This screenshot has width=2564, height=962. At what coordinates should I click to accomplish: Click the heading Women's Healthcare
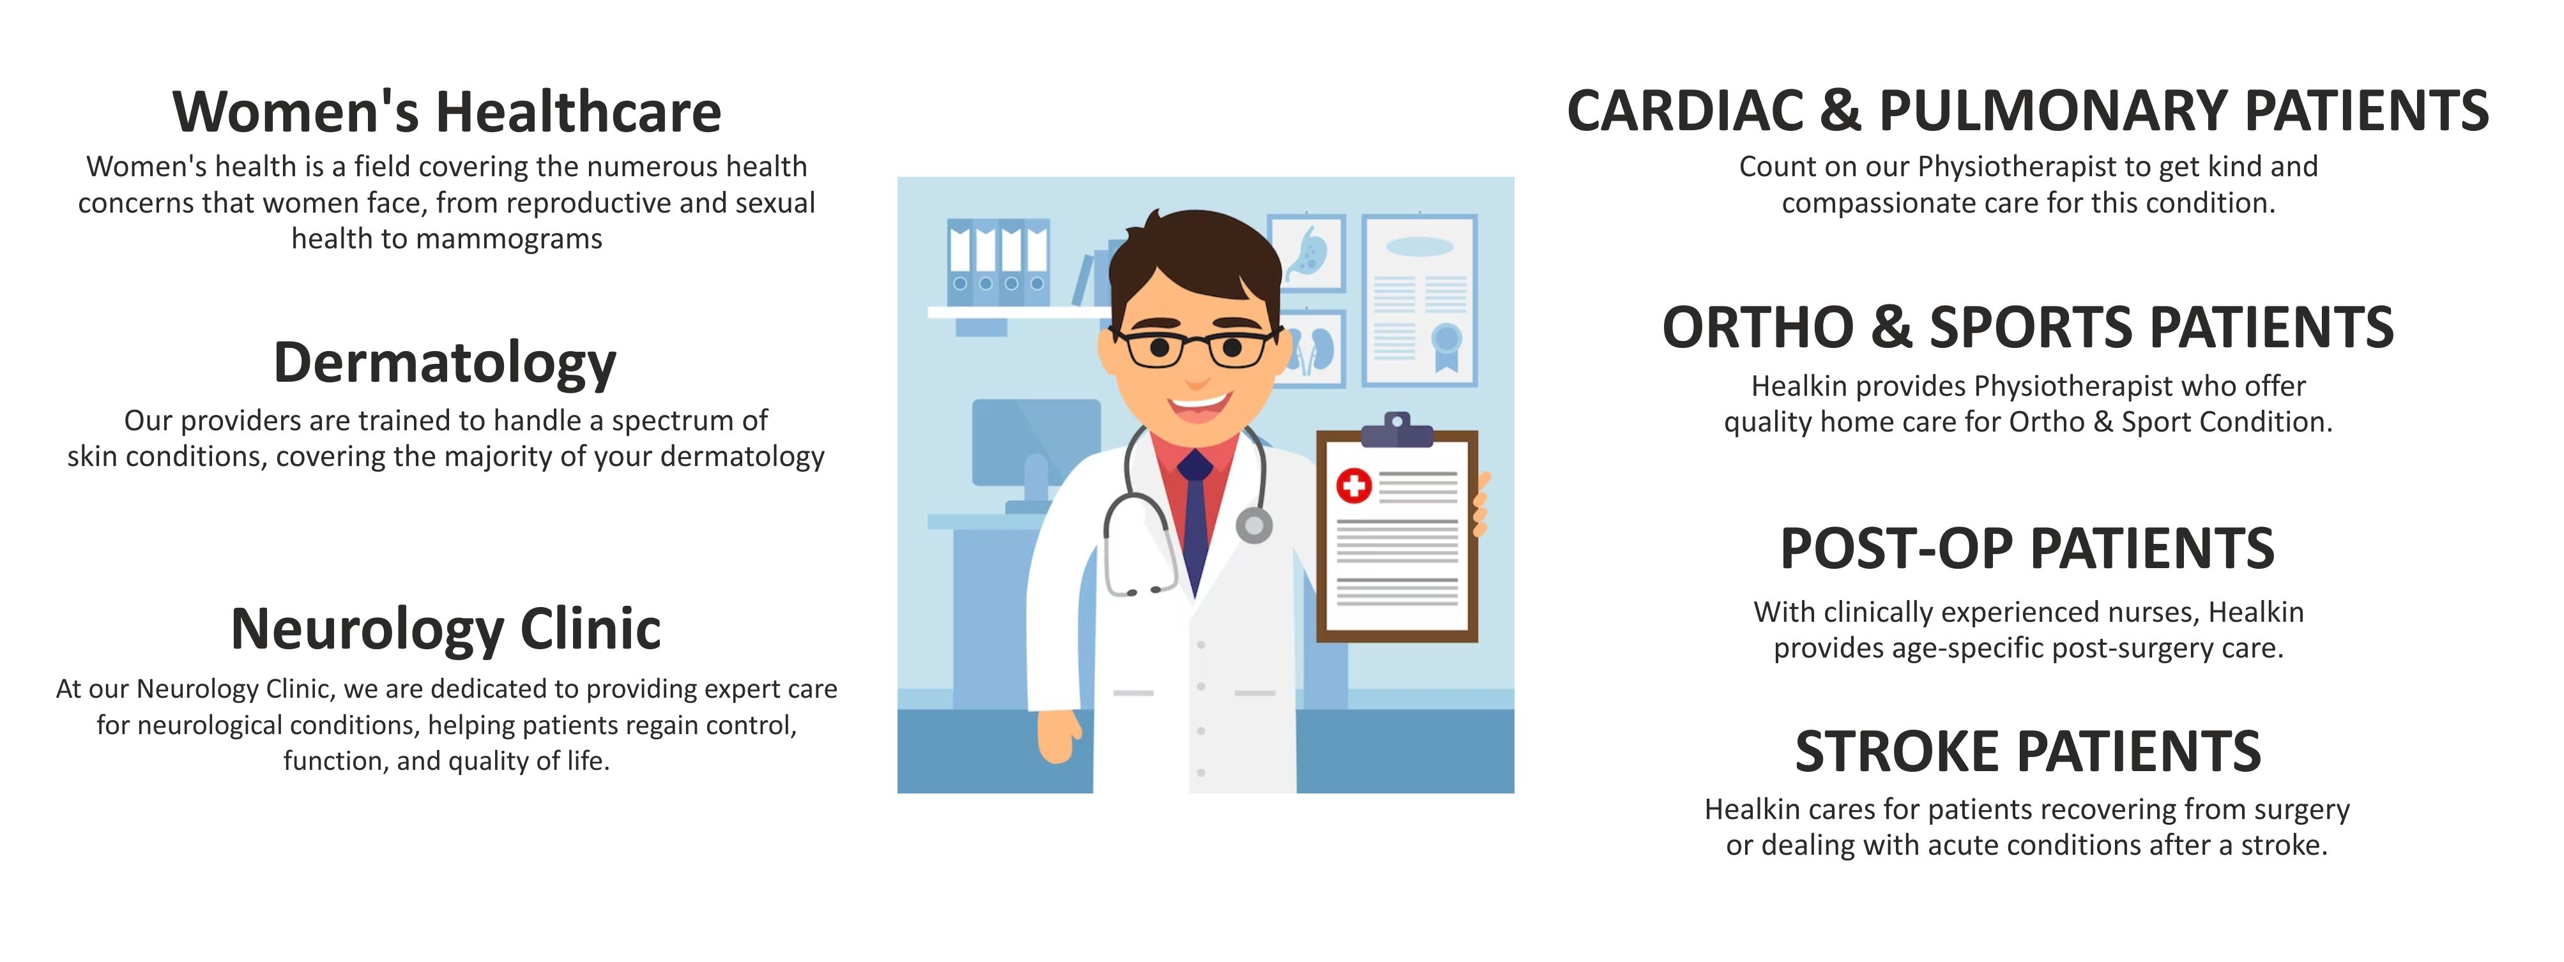coord(447,112)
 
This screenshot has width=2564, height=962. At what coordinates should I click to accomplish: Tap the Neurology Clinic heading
coord(446,629)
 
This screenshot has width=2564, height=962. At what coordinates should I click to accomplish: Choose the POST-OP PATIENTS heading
coord(2027,548)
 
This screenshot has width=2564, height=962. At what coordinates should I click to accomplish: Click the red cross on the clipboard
coord(1354,486)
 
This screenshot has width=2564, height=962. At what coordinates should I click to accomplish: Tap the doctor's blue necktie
coord(1194,517)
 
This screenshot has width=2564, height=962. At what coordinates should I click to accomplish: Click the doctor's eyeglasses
coord(1194,347)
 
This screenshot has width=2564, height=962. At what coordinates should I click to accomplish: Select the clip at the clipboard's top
coord(1396,430)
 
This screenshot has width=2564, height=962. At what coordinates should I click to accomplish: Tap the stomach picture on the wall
coord(1306,253)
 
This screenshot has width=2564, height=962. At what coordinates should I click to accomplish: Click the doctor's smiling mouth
coord(1200,406)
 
